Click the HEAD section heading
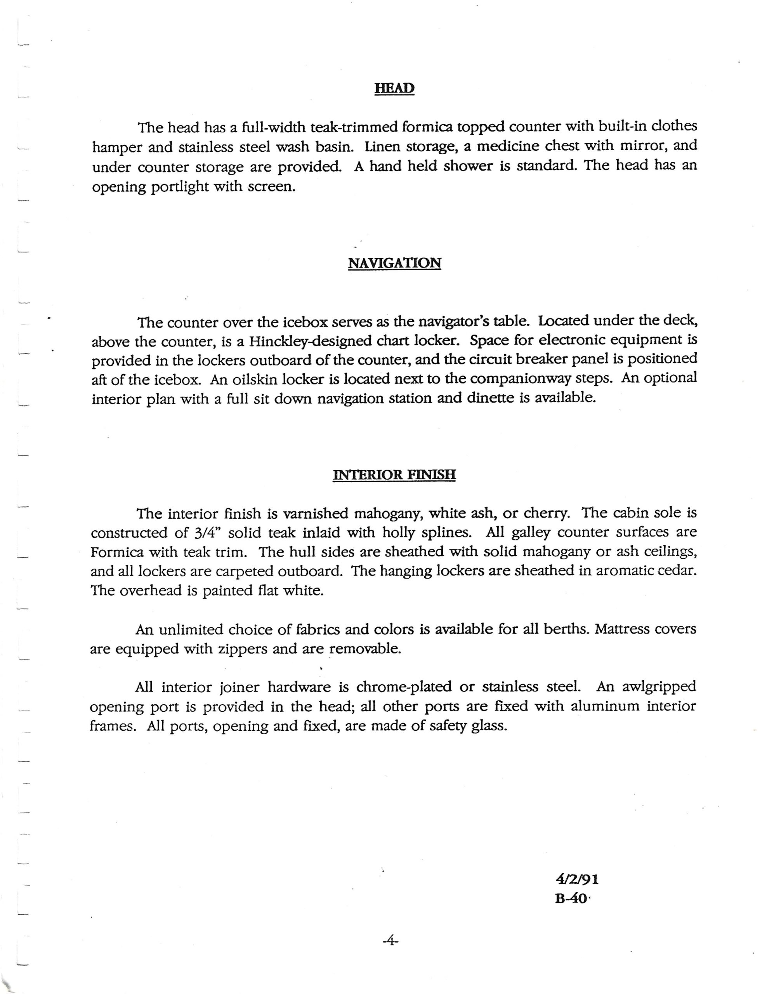point(394,88)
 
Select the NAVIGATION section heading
point(394,263)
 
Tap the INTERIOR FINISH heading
point(394,475)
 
